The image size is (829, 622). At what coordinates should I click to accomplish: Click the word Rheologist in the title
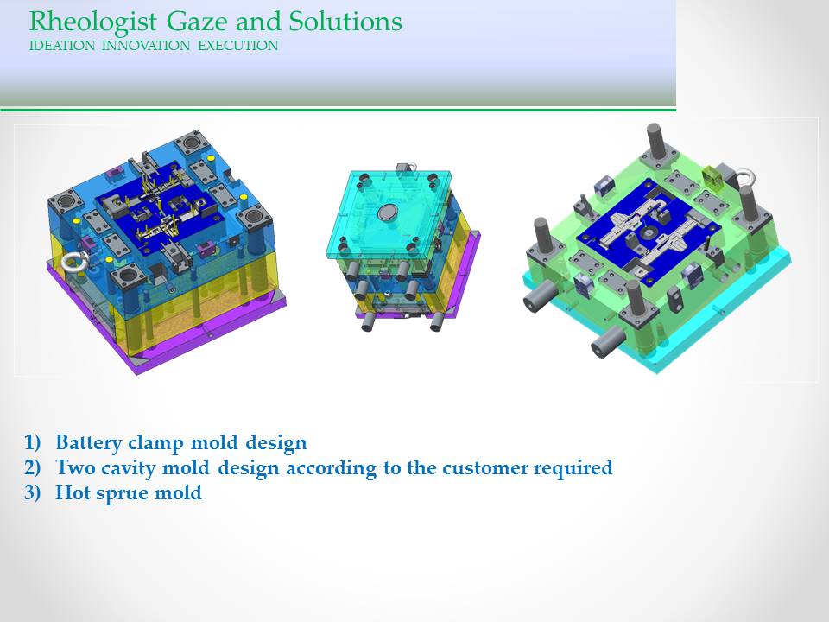pyautogui.click(x=93, y=22)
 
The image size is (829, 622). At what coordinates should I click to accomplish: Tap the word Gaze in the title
pyautogui.click(x=197, y=22)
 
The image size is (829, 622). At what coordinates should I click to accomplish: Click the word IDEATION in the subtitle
pyautogui.click(x=62, y=46)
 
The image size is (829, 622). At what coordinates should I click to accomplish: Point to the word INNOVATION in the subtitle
pyautogui.click(x=146, y=46)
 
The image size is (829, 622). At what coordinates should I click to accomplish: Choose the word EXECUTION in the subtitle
pyautogui.click(x=238, y=46)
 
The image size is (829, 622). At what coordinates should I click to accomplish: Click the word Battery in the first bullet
pyautogui.click(x=89, y=443)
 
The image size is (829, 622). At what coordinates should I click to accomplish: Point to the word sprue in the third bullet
pyautogui.click(x=119, y=493)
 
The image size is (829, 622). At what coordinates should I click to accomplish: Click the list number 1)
pyautogui.click(x=32, y=442)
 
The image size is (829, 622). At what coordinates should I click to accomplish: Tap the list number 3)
pyautogui.click(x=32, y=492)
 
